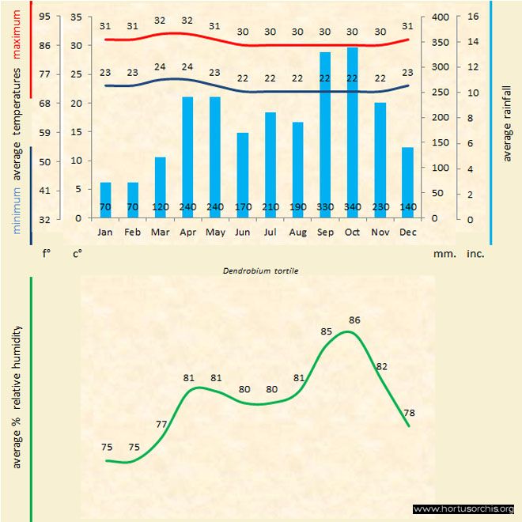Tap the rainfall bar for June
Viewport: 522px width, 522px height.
coord(243,175)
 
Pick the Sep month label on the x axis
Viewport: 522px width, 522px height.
coord(325,232)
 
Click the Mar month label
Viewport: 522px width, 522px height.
coord(160,232)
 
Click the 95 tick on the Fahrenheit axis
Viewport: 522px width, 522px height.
coord(44,17)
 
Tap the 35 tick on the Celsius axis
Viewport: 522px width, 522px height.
coord(76,17)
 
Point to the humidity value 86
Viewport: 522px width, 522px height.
coord(354,320)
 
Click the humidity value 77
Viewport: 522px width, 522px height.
coord(161,424)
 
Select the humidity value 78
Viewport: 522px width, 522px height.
coord(408,412)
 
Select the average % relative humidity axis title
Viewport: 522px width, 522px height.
coord(17,395)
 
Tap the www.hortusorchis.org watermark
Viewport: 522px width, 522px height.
coord(463,509)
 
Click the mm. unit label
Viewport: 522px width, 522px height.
coord(443,255)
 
